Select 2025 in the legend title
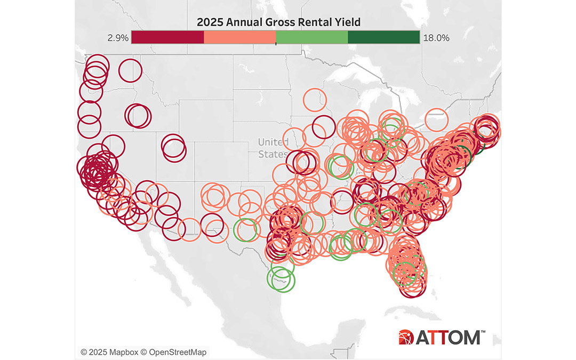(x=210, y=22)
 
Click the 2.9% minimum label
(x=117, y=38)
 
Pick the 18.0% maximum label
(x=435, y=38)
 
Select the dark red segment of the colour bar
(x=167, y=37)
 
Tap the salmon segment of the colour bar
(x=239, y=37)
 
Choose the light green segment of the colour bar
(x=311, y=37)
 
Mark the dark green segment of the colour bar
(x=383, y=37)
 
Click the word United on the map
(x=273, y=142)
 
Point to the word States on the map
(x=271, y=154)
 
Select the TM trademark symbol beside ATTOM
(x=484, y=332)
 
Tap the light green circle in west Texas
(x=246, y=230)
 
